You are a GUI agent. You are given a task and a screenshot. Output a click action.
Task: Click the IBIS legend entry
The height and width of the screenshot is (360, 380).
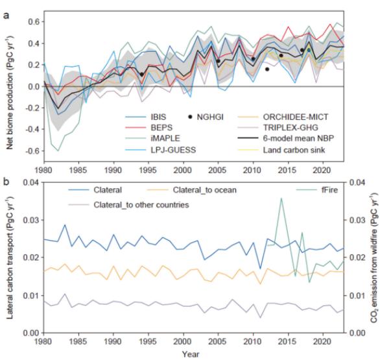[x=158, y=117]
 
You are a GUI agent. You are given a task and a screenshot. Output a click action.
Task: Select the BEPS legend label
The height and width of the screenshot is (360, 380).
[x=161, y=128]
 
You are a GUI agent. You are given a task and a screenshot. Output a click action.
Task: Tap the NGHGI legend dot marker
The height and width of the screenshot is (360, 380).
[x=190, y=117]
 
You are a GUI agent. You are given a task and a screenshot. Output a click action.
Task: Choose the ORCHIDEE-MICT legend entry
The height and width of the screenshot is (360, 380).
[x=296, y=117]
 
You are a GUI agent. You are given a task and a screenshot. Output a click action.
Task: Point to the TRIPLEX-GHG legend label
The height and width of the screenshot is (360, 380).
[x=291, y=128]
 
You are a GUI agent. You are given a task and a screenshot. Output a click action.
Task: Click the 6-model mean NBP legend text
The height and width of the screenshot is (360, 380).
[x=298, y=138]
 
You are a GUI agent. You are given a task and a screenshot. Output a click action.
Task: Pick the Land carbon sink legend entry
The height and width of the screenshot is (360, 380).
[x=294, y=150]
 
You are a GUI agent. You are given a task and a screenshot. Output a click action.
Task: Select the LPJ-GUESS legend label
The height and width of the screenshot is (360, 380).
[x=173, y=150]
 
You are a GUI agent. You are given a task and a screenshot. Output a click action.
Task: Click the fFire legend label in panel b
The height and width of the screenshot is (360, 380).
[x=329, y=190]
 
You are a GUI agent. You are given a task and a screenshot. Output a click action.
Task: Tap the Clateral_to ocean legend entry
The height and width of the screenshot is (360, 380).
[x=204, y=190]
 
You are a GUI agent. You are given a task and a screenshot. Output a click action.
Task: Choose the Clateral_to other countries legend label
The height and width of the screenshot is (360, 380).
[x=141, y=205]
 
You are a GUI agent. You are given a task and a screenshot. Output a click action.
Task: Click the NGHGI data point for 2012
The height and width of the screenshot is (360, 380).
[x=267, y=69]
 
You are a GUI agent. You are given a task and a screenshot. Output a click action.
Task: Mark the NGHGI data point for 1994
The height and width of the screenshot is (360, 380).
[x=142, y=75]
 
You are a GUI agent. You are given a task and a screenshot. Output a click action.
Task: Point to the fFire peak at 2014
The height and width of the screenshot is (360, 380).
[x=281, y=198]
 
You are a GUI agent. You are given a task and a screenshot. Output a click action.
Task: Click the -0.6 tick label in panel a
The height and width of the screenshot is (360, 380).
[x=33, y=151]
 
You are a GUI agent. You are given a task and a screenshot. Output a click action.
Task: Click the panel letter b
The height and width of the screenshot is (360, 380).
[x=6, y=182]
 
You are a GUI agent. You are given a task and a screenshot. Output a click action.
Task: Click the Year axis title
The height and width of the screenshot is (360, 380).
[x=191, y=354]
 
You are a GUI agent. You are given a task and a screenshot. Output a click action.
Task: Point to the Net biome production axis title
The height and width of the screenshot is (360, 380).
[x=9, y=93]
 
